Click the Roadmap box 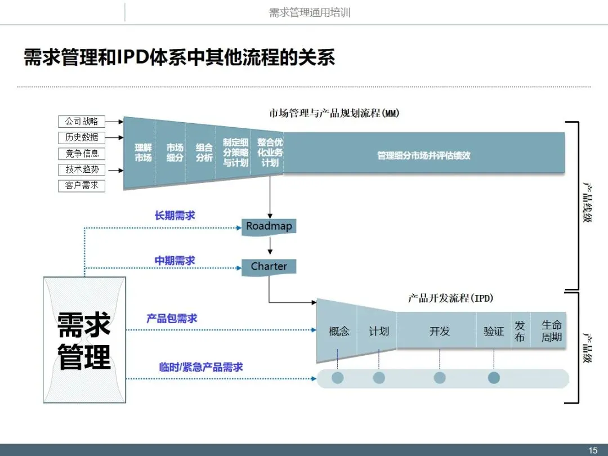coord(269,227)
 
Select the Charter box coord(269,267)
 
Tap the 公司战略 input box coord(82,121)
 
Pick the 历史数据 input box coord(82,137)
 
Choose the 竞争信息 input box coord(82,153)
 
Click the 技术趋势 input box coord(82,169)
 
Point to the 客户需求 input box coord(82,185)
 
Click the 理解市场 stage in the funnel coord(143,153)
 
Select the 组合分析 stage coord(204,153)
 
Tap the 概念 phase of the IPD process coord(339,331)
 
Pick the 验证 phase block coord(494,331)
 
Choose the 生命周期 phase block coord(551,331)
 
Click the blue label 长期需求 coord(175,216)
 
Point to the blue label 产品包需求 coord(172,319)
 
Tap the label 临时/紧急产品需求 coord(201,367)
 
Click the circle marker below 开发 coord(440,378)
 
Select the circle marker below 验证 coord(494,378)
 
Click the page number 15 coord(593,450)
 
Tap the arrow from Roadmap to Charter coord(270,246)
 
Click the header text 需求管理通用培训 coord(310,12)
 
